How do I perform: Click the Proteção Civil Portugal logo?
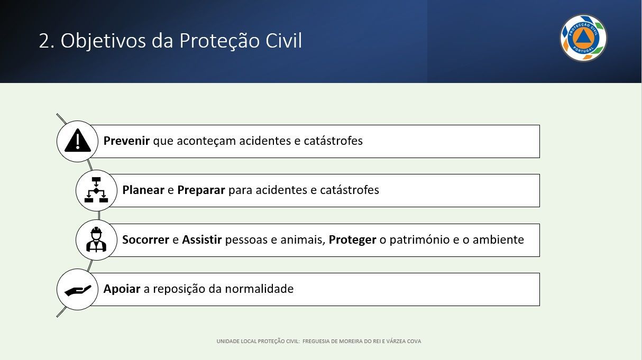pos(583,38)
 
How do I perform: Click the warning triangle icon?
pos(78,140)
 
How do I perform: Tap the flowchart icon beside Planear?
pos(96,190)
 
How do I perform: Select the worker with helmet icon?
pos(96,239)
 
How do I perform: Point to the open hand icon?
pos(78,290)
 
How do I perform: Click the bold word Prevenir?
pos(126,141)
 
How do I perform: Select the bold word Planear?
pos(143,190)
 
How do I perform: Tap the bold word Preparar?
pos(201,190)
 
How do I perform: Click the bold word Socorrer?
pos(145,239)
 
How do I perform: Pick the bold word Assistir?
pos(202,239)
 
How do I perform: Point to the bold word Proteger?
pos(352,239)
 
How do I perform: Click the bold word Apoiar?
pos(122,289)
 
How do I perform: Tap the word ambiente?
pos(498,239)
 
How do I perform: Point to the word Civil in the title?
pos(283,40)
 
